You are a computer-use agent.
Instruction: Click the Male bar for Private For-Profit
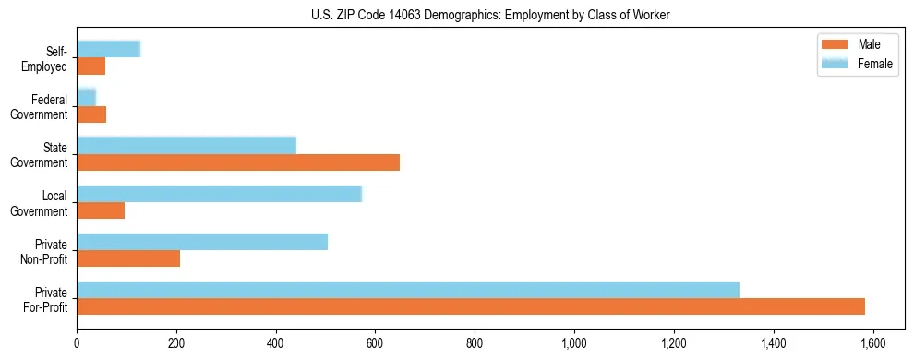pyautogui.click(x=471, y=306)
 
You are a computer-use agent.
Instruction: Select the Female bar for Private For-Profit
pyautogui.click(x=408, y=290)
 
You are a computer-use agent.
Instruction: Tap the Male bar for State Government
pyautogui.click(x=238, y=162)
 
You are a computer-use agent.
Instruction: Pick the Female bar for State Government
pyautogui.click(x=186, y=145)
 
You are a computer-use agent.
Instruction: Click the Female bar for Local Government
pyautogui.click(x=219, y=194)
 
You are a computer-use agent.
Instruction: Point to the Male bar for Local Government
pyautogui.click(x=101, y=210)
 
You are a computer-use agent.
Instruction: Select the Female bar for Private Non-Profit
pyautogui.click(x=202, y=242)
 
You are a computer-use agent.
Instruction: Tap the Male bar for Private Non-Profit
pyautogui.click(x=128, y=258)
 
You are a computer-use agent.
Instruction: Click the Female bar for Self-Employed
pyautogui.click(x=108, y=49)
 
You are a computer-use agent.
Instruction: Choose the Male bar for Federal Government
pyautogui.click(x=91, y=114)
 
